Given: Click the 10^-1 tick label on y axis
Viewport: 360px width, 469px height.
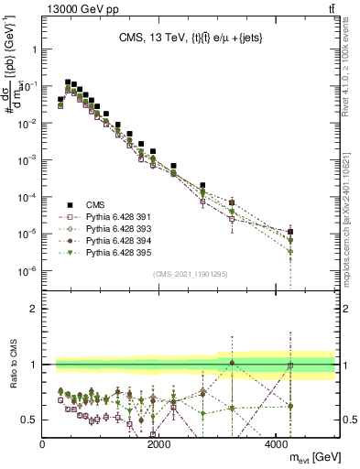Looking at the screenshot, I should click(x=27, y=85).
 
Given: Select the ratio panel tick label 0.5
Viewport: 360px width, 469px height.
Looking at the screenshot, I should click(x=29, y=420).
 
